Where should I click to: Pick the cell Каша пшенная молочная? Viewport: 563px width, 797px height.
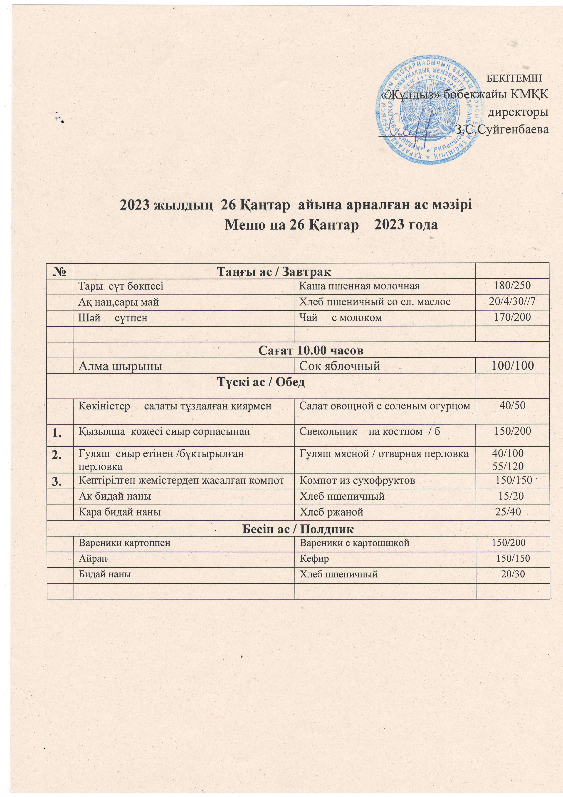point(359,286)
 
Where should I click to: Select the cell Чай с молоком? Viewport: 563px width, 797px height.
point(341,317)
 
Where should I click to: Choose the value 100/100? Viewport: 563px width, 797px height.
point(512,366)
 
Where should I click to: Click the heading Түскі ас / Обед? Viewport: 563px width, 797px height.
point(261,383)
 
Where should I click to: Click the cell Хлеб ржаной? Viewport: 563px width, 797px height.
point(331,512)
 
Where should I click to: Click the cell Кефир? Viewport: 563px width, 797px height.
point(314,558)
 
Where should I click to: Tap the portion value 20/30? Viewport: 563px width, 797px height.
point(513,574)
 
